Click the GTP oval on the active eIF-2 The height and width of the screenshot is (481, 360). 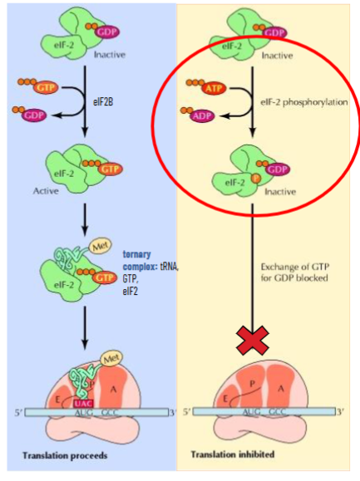[x=108, y=169]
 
